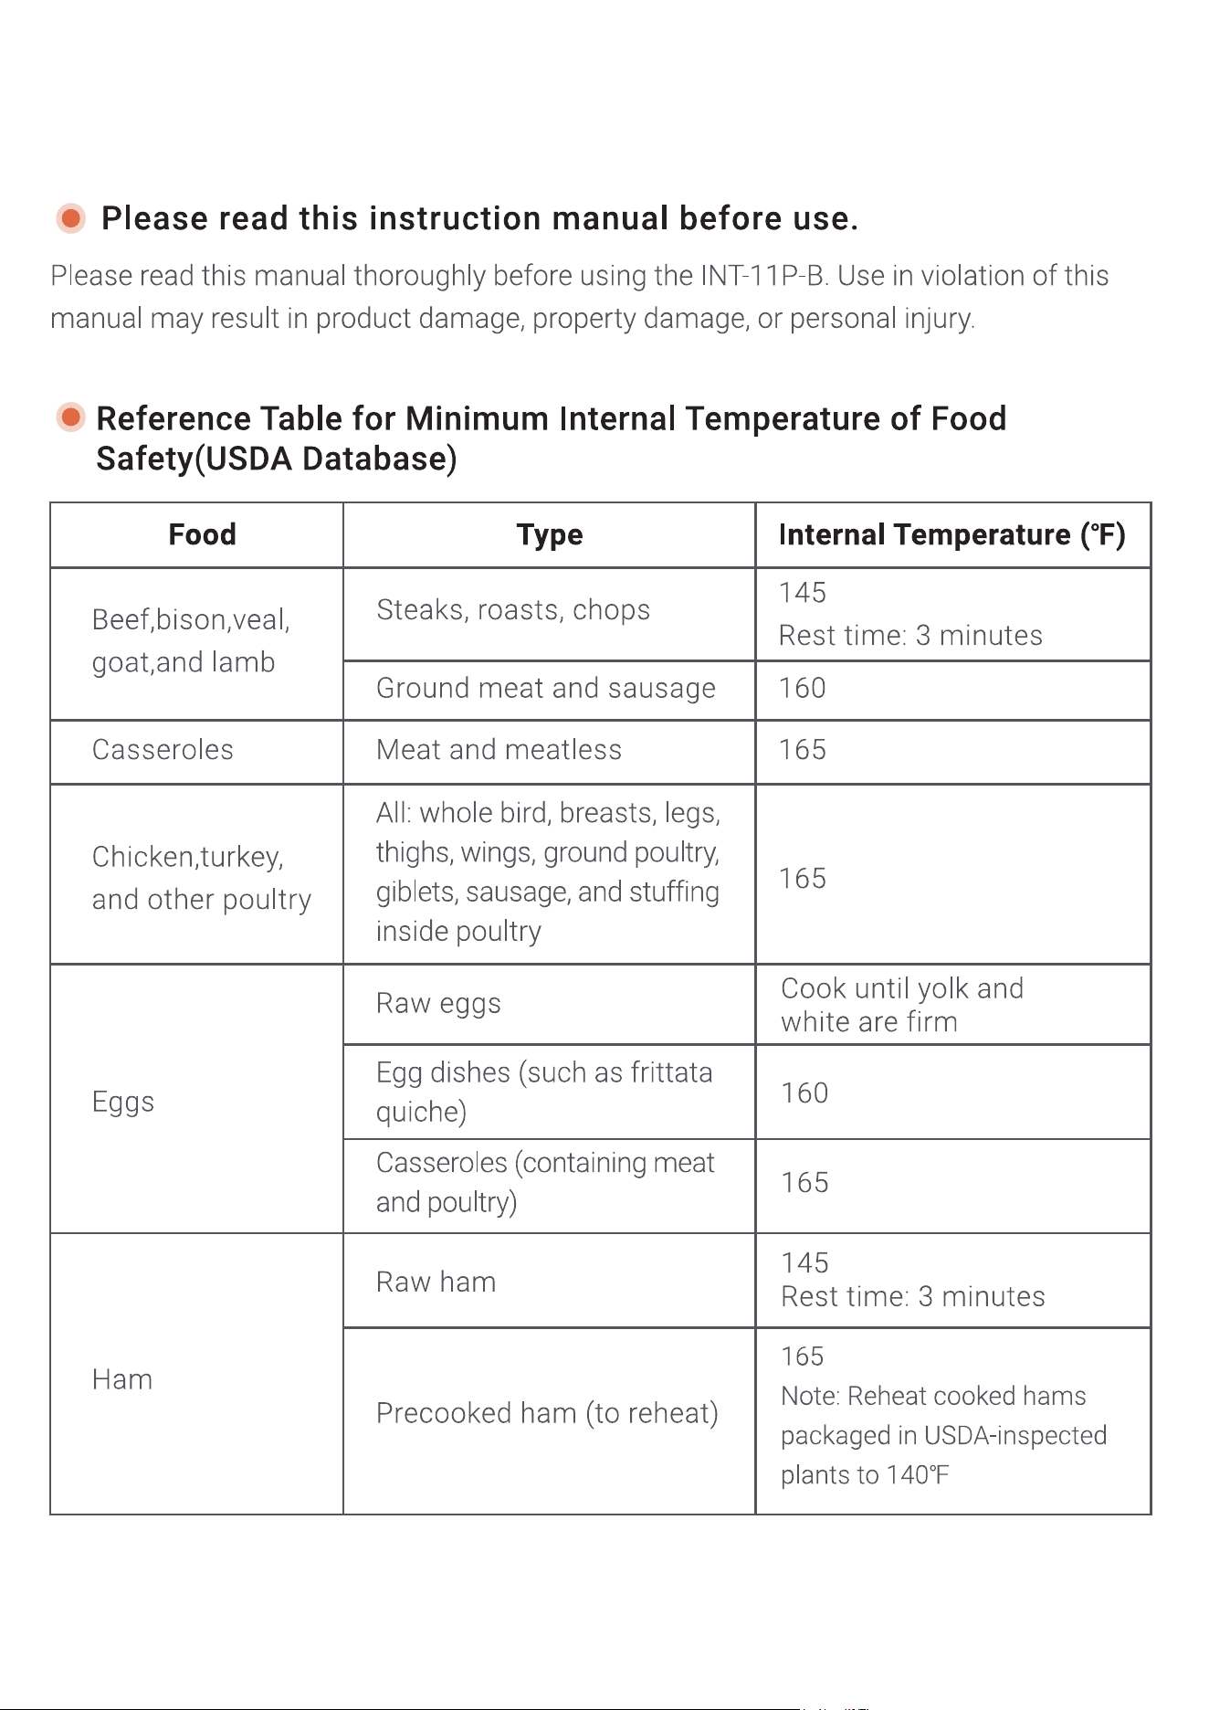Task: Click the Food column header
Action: [202, 534]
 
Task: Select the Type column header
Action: [550, 535]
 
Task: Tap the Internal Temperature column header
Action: [951, 535]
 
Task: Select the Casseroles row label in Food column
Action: [163, 750]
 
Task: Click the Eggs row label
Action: [123, 1103]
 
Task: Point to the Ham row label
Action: [122, 1379]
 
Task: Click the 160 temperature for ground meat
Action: [803, 688]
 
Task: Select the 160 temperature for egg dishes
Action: [804, 1093]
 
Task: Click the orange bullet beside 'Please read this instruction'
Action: [70, 218]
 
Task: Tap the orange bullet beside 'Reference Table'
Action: [70, 417]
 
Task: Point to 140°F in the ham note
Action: [918, 1475]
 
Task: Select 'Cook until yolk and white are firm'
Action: [902, 1005]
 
